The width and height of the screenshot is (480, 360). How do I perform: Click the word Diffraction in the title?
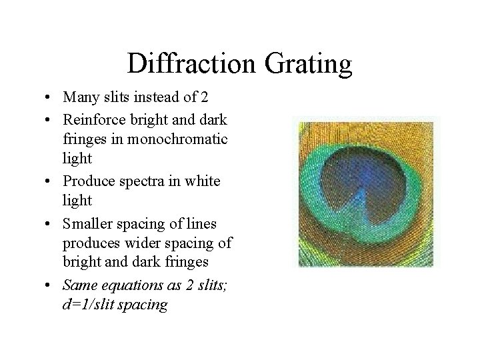189,64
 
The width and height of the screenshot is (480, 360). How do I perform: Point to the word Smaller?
89,223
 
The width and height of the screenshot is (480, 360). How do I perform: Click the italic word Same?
77,285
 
